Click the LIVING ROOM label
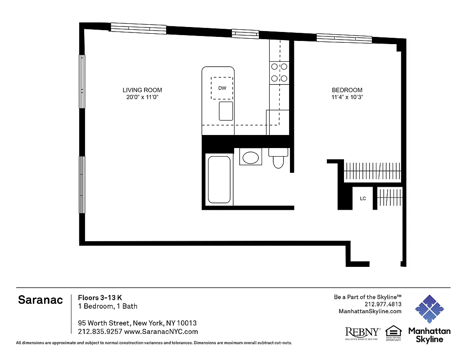coord(142,90)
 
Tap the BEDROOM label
coord(347,90)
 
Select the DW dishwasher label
coord(222,88)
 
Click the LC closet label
coord(363,198)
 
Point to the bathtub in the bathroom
coord(219,179)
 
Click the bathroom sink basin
coord(250,157)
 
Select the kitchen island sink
coord(226,111)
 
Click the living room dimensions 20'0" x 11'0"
coord(142,97)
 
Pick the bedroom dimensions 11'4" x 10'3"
coord(347,97)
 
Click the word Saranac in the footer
coord(41,300)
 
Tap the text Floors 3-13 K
coord(100,297)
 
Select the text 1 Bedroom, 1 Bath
coord(108,306)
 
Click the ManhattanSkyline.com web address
coord(370,311)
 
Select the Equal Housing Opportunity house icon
coord(394,332)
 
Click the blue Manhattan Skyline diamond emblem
coord(429,309)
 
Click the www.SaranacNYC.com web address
coord(161,332)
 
